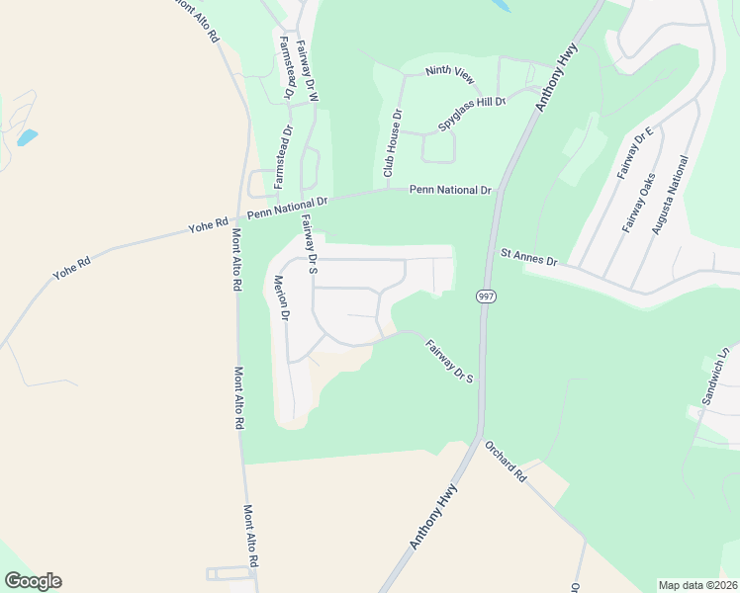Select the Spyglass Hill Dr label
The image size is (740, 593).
click(473, 101)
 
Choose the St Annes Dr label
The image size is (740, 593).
click(529, 258)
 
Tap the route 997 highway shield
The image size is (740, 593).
click(485, 296)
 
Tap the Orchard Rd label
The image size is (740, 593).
click(507, 460)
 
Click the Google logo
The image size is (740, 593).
click(33, 581)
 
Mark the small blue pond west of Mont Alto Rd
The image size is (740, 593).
click(28, 136)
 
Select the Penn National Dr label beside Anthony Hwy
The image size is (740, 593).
click(450, 189)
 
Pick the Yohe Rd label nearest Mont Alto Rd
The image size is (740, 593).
click(208, 226)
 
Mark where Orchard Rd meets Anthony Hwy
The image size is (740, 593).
click(480, 440)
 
